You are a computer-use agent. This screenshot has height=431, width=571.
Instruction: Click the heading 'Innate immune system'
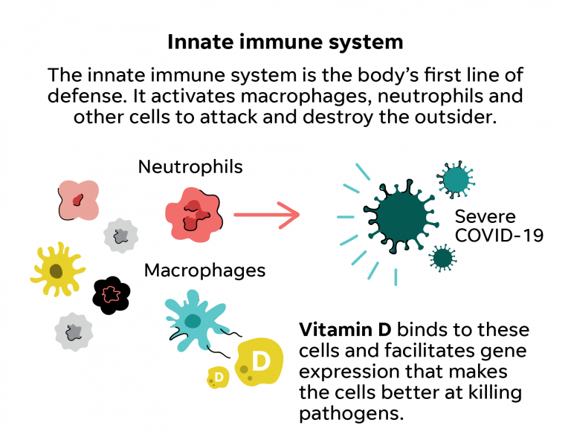tap(285, 42)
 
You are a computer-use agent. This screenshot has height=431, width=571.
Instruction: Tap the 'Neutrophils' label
tap(190, 167)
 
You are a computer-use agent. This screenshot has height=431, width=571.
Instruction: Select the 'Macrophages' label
tap(204, 270)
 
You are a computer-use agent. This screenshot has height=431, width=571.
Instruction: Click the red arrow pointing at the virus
tap(267, 215)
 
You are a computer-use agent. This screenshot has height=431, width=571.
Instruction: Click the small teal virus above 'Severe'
tap(456, 180)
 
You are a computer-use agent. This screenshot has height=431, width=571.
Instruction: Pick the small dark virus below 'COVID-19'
tap(442, 258)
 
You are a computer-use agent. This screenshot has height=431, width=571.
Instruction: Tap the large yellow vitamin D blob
tap(259, 362)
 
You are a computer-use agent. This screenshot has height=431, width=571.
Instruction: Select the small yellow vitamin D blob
tap(218, 377)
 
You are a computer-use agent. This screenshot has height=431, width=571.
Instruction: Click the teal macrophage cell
tap(195, 321)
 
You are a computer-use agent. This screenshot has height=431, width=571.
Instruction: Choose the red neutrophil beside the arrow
tap(193, 215)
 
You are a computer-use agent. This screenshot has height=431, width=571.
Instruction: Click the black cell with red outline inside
tap(112, 295)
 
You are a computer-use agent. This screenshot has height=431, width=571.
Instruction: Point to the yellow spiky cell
tap(57, 269)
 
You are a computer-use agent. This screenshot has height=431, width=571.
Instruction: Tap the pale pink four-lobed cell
tap(79, 200)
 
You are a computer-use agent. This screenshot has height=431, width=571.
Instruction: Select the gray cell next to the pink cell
tap(120, 236)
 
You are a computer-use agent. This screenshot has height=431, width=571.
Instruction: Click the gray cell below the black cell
tap(74, 331)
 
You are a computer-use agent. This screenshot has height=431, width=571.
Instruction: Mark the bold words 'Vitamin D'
tap(345, 330)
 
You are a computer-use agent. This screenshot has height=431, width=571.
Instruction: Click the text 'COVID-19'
tap(499, 235)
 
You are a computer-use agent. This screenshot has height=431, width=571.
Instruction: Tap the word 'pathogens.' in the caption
tap(352, 414)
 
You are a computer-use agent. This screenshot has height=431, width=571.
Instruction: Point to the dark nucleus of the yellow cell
tap(56, 270)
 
